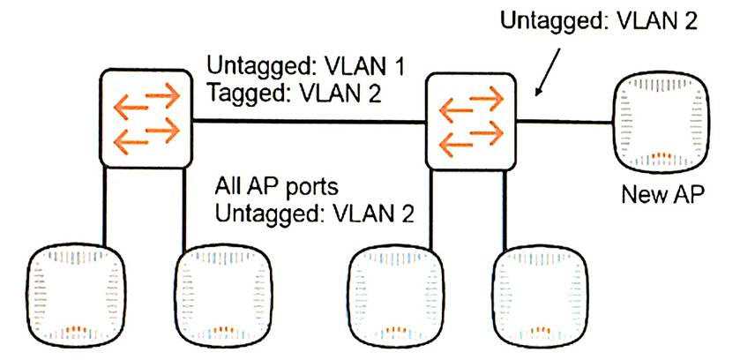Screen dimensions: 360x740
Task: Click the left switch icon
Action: (x=146, y=120)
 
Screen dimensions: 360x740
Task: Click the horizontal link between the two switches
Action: (x=309, y=120)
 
